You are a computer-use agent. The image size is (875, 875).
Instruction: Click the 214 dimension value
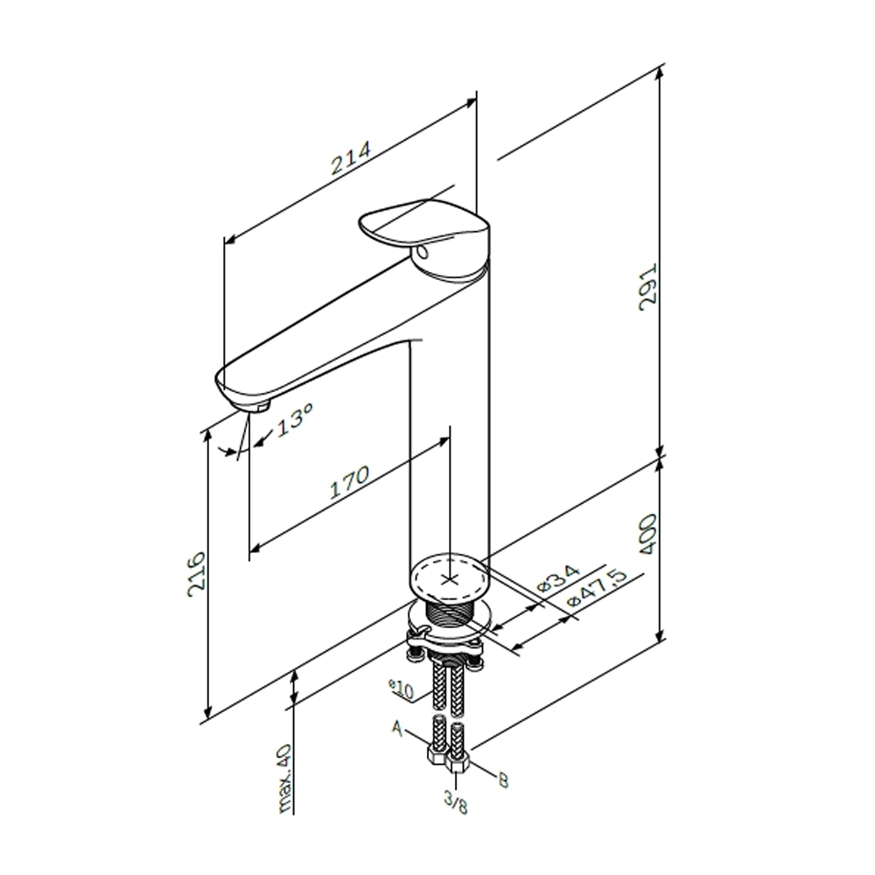click(351, 157)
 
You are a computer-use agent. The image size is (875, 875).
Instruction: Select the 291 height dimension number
click(648, 287)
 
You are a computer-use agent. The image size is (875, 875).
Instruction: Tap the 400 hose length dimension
click(647, 534)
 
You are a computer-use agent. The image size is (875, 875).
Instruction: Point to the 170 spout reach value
click(349, 482)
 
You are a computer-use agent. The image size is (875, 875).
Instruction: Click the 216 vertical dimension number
click(196, 575)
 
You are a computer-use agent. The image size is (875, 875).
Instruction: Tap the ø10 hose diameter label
click(402, 689)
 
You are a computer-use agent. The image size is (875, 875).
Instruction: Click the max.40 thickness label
click(284, 779)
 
